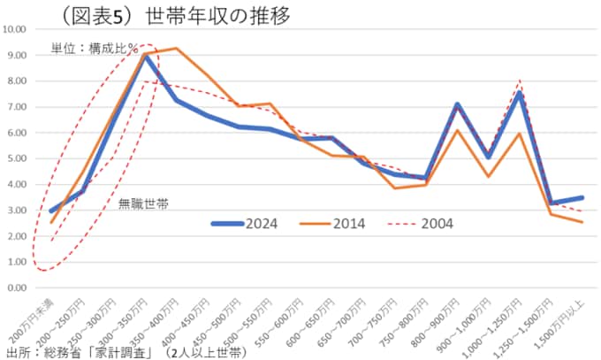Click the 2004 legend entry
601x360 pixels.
[419, 223]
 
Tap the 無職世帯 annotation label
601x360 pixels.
[144, 203]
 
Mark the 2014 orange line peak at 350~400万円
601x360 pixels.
[177, 49]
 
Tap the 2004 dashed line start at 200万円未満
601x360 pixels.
[52, 240]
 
